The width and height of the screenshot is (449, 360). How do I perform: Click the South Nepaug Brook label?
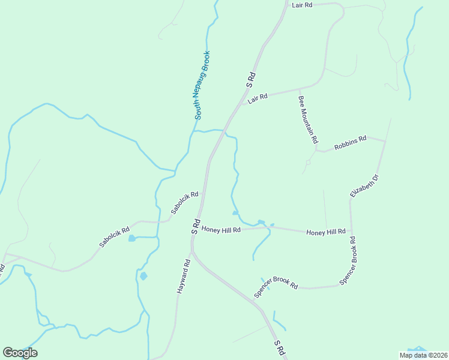coord(202,85)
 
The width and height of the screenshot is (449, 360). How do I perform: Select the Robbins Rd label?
coord(350,143)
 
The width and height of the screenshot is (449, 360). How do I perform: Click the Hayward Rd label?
coord(184,276)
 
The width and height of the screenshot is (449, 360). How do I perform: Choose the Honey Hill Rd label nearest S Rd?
coord(221,229)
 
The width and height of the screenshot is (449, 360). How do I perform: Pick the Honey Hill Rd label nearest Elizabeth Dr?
coord(325,232)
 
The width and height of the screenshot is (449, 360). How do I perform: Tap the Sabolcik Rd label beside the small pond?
coord(115,238)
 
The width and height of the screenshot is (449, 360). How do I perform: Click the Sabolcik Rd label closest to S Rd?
coord(184,203)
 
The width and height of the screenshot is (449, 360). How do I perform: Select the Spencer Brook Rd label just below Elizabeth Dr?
coord(348,260)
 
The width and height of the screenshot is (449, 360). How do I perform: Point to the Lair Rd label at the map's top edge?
coord(302,5)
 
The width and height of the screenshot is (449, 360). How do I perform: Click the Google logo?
coord(20,353)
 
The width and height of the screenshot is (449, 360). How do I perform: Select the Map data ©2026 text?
coord(423,355)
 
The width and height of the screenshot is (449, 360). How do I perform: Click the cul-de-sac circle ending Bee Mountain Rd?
coord(308,162)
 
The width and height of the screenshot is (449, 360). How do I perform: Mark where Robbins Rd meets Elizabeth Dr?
coord(385,141)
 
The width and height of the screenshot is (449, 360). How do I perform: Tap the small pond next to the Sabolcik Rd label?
coord(131,238)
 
